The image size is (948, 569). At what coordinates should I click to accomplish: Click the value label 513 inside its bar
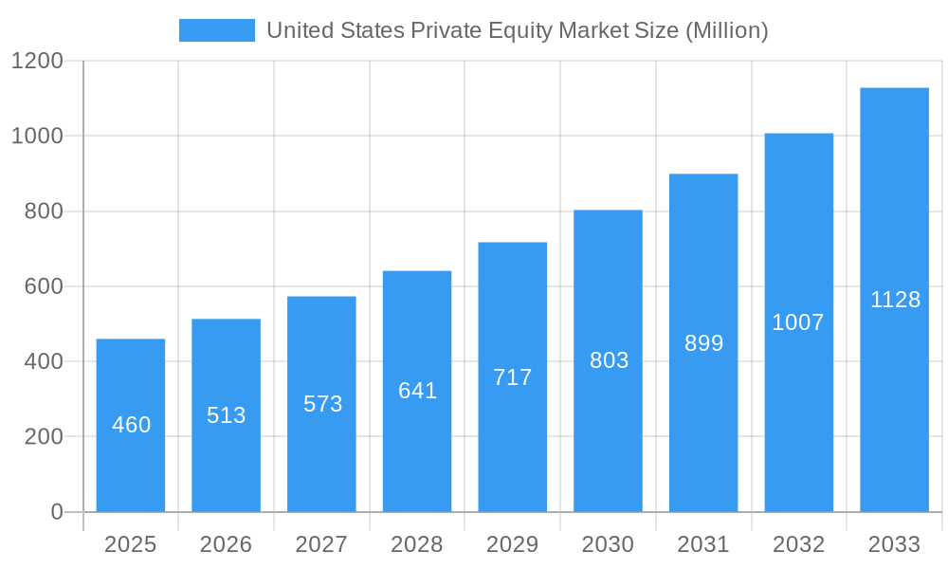[227, 415]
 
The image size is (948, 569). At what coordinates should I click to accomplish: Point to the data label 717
[513, 377]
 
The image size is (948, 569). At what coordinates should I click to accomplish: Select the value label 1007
[798, 322]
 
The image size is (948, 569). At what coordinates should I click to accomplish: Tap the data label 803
[609, 360]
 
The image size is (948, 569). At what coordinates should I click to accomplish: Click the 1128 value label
[895, 300]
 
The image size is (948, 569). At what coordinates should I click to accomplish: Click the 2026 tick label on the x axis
[227, 544]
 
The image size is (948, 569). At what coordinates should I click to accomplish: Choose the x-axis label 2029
[513, 544]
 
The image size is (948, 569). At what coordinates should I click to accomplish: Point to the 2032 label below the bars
[798, 544]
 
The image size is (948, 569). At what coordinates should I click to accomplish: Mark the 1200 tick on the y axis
[37, 62]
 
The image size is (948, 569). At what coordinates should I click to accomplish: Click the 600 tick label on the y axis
[44, 286]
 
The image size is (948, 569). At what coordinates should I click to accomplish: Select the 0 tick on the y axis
[56, 512]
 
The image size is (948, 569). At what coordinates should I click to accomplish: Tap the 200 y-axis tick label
[44, 437]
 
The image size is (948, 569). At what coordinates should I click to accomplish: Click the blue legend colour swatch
[216, 30]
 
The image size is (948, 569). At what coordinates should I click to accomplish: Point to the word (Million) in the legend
[726, 30]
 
